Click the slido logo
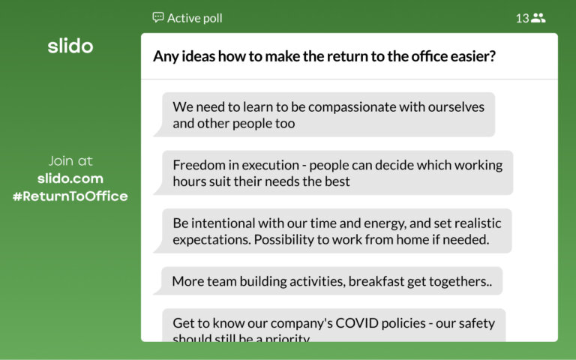(x=70, y=46)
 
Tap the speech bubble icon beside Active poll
(x=157, y=17)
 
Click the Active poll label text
(x=194, y=18)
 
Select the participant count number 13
(x=522, y=18)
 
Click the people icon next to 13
(x=538, y=18)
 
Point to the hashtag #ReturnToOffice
(x=70, y=196)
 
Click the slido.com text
(x=70, y=178)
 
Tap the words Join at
(x=70, y=160)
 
